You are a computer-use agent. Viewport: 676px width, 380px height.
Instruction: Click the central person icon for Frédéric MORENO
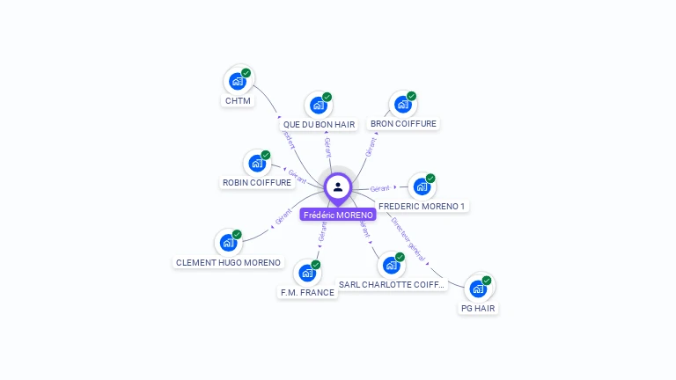coord(338,186)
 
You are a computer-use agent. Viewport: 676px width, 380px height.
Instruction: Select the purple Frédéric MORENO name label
coord(338,215)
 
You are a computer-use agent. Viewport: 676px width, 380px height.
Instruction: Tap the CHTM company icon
coord(237,81)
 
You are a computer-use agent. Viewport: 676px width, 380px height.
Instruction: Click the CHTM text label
coord(238,100)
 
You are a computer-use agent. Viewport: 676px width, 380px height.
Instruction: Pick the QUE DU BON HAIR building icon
coord(318,106)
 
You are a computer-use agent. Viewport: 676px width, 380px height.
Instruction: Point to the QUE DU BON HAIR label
coord(319,125)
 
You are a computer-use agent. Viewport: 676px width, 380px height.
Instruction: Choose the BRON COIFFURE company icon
coord(402,105)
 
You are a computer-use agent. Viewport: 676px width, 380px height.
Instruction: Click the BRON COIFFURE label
coord(403,124)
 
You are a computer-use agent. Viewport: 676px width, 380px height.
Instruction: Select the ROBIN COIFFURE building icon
coord(257,163)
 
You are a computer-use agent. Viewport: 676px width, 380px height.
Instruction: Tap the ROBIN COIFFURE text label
coord(257,183)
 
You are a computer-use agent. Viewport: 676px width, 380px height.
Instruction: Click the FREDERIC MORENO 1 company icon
coord(422,186)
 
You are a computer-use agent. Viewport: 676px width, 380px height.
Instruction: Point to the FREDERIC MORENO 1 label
coord(422,206)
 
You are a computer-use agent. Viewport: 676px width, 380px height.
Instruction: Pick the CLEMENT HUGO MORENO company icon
coord(229,242)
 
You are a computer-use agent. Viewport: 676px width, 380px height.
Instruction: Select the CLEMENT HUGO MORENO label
coord(229,262)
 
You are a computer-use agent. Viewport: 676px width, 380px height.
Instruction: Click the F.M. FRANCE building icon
coord(307,273)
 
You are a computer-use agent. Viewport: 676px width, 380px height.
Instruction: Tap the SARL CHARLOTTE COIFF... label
coord(392,285)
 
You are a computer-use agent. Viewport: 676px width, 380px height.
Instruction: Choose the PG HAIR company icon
coord(478,289)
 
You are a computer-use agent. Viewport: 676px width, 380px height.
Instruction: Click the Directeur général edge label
coord(408,239)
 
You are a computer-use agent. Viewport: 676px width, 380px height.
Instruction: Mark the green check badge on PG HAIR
coord(487,281)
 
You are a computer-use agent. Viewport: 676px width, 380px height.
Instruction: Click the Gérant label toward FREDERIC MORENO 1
coord(380,188)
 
